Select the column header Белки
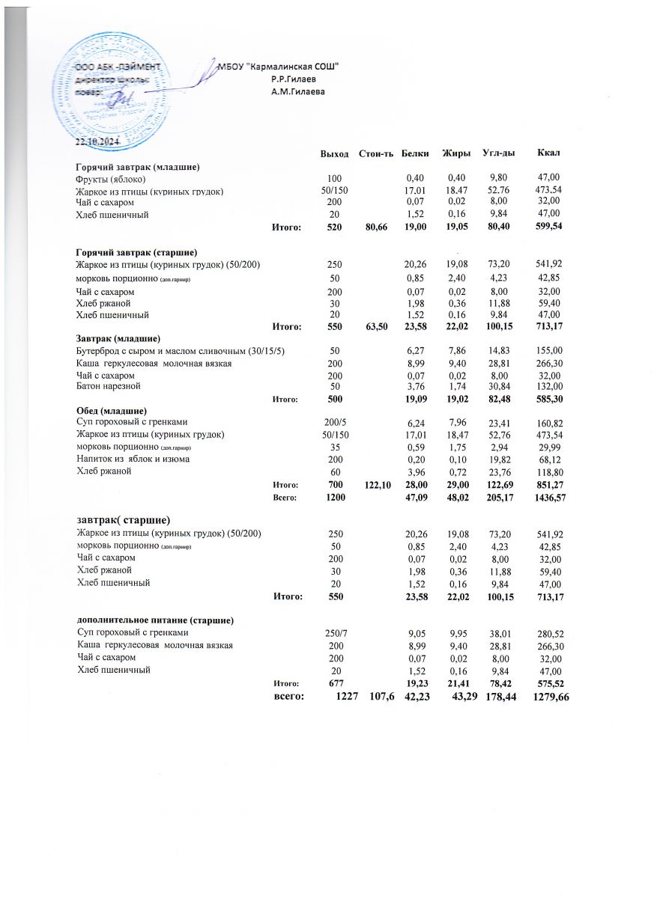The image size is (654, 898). (415, 153)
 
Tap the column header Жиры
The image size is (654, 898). (456, 153)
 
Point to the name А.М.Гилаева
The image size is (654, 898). (298, 91)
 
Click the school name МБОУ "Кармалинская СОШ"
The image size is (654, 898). (278, 67)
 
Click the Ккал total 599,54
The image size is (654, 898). (549, 226)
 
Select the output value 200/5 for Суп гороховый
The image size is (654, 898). (330, 423)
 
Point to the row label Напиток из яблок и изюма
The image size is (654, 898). (133, 458)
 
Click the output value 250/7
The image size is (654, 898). (330, 634)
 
